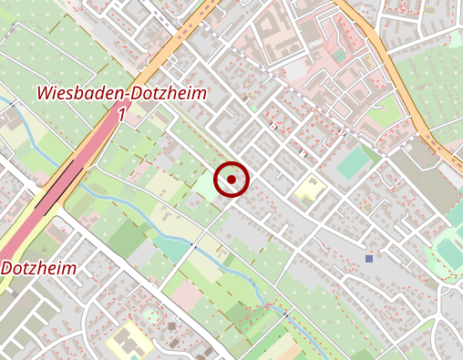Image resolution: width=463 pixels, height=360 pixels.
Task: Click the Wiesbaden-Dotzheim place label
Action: click(122, 94)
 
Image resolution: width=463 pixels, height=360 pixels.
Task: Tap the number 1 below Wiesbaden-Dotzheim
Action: click(121, 114)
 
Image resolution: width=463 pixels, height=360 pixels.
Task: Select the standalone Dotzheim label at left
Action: click(38, 269)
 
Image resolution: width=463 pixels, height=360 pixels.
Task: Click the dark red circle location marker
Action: click(231, 180)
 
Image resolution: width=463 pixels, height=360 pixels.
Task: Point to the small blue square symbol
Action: click(369, 259)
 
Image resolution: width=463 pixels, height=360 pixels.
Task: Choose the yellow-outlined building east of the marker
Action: click(310, 190)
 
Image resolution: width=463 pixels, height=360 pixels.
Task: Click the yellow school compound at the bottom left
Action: click(128, 339)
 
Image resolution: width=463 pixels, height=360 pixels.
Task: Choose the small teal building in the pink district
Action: click(339, 57)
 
